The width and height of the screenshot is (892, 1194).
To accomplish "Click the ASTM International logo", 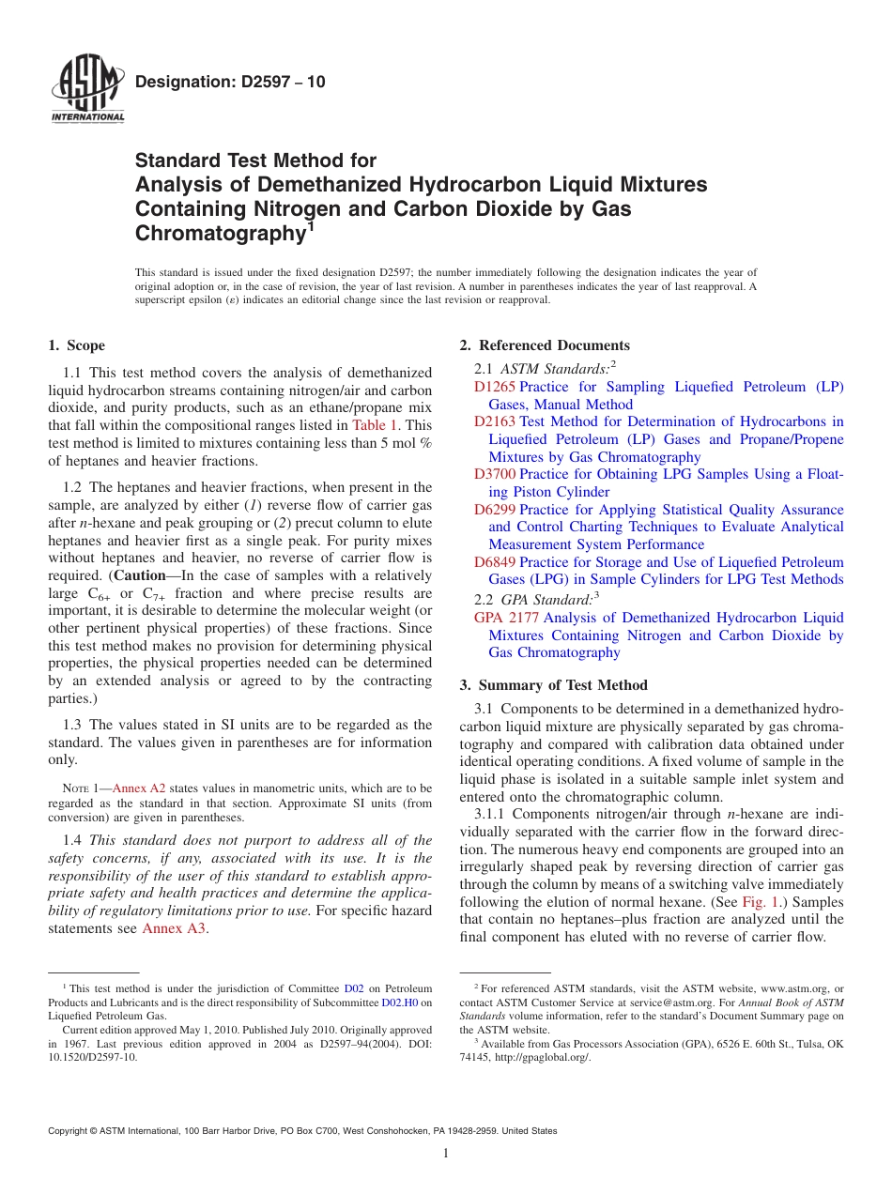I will click(x=87, y=89).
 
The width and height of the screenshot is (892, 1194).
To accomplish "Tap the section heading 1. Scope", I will click(x=77, y=345).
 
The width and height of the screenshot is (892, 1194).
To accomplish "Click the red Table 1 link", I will click(x=375, y=425).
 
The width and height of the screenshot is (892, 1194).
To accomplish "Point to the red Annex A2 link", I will click(x=138, y=788).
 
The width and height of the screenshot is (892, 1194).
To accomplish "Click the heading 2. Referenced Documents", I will click(x=545, y=345).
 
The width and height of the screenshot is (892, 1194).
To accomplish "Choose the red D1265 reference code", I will click(x=495, y=387).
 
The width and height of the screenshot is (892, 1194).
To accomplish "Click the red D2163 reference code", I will click(x=495, y=421).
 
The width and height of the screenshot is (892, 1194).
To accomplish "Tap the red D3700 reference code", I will click(x=495, y=474).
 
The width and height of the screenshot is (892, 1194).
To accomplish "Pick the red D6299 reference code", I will click(x=495, y=510).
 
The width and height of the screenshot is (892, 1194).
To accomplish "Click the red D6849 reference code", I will click(x=495, y=562).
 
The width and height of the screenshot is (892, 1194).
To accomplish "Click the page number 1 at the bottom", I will click(x=446, y=1154).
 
